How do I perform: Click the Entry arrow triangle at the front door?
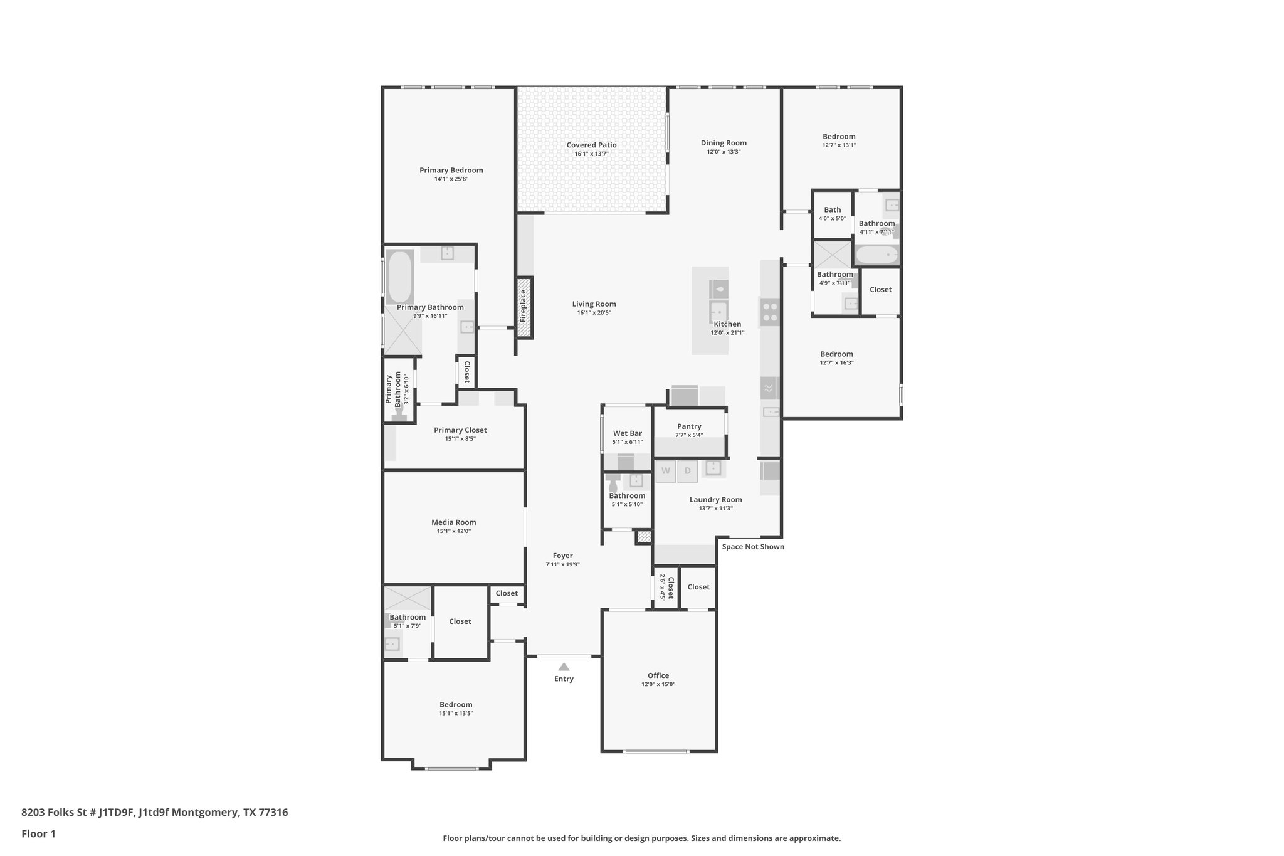point(564,667)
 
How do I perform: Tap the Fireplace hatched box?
point(525,307)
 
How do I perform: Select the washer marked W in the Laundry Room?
point(666,471)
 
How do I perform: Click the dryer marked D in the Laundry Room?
point(687,471)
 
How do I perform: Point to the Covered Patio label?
point(591,145)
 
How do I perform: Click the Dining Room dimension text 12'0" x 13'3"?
point(724,152)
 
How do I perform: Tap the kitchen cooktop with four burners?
point(770,312)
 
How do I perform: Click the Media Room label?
point(453,522)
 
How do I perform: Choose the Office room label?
point(658,675)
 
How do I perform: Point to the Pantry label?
point(689,426)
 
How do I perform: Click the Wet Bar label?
point(627,433)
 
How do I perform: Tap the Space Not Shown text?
point(752,547)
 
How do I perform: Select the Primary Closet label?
point(460,430)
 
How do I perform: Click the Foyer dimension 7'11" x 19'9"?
point(562,564)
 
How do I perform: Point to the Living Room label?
point(594,304)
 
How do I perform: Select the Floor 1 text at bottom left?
point(38,834)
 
